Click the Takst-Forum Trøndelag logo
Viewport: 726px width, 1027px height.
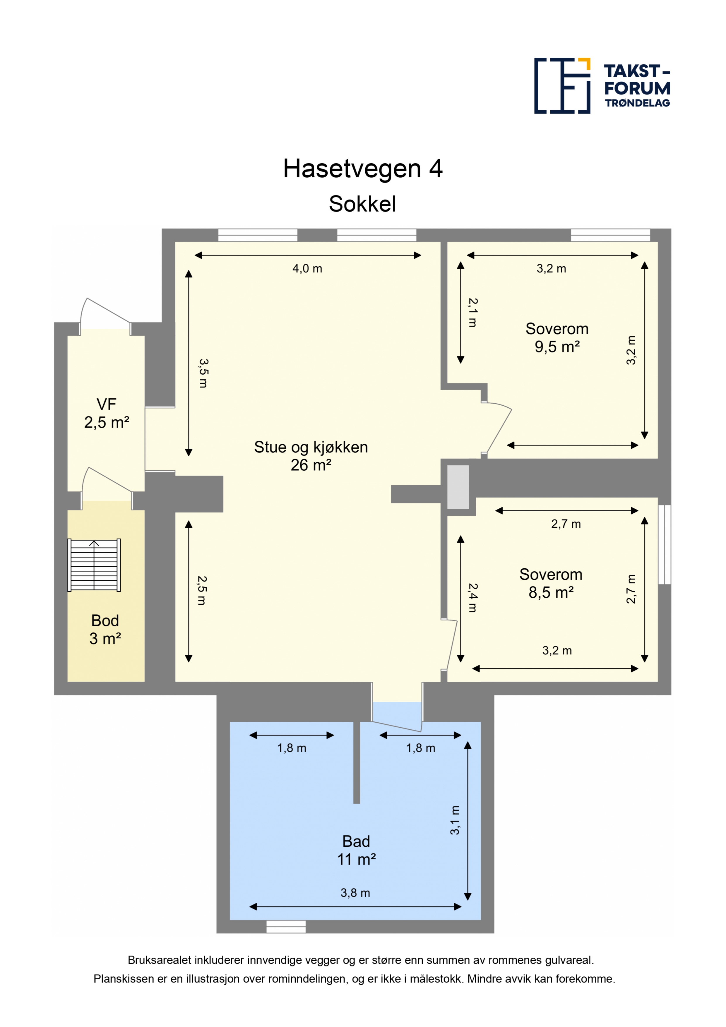[602, 85]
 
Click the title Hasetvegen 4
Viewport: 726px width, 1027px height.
[363, 169]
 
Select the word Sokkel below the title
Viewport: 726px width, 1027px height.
[362, 204]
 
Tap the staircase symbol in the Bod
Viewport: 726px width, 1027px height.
[94, 565]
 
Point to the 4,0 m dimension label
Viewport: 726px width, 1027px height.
[307, 268]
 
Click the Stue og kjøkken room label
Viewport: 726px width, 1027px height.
[311, 456]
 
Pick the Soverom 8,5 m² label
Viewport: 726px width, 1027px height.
[551, 583]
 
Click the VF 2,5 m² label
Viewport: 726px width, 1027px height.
[107, 413]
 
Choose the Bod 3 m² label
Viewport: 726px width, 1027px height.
[105, 629]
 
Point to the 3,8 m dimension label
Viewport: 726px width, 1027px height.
[355, 893]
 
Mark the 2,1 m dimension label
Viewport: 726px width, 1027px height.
[473, 313]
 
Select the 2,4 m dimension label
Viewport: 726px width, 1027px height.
[473, 598]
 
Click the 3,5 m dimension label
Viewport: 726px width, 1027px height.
[203, 373]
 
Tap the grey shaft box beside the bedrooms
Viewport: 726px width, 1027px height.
[458, 487]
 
